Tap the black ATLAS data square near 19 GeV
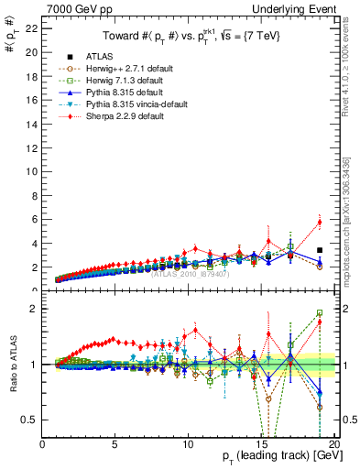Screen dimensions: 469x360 [319, 250]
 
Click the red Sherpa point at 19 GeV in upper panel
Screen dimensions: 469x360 [319, 222]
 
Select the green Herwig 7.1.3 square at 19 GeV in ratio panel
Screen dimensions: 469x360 [319, 312]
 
